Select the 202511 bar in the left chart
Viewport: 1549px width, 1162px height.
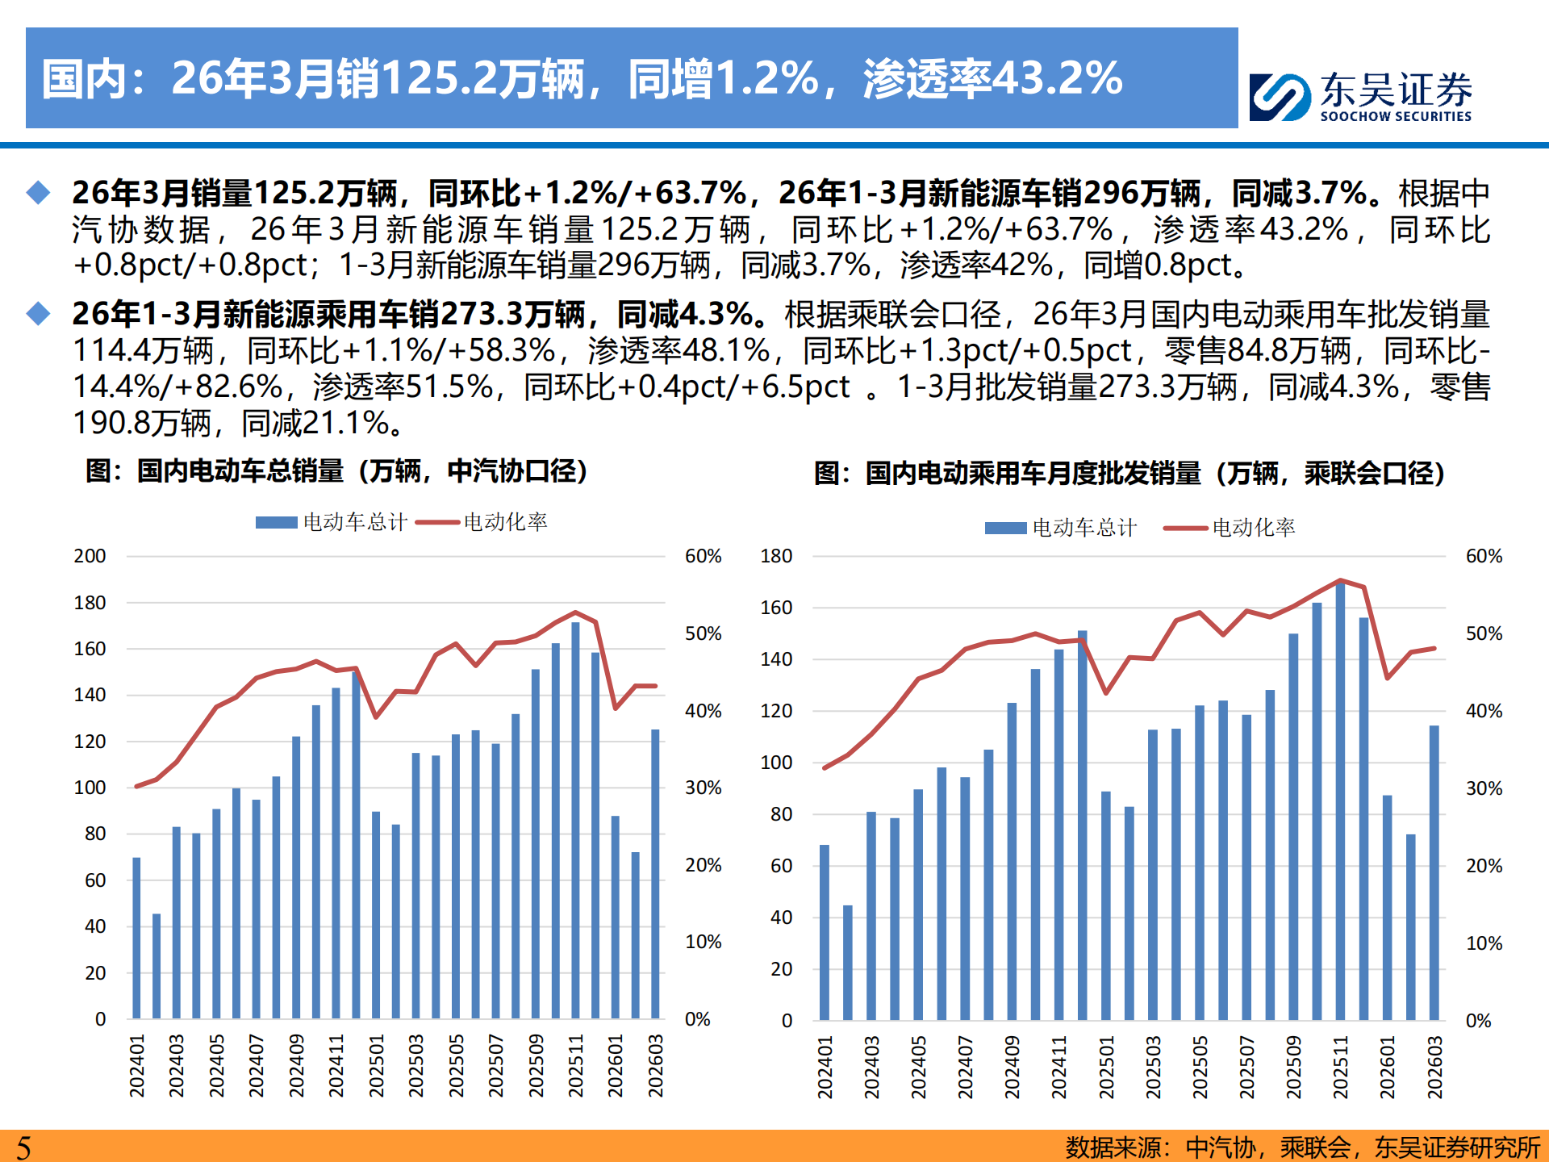click(575, 819)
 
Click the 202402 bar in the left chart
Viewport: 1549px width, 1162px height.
click(157, 966)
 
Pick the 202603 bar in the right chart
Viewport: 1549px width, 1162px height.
click(1434, 871)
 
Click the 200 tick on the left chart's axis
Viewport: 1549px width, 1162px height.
click(90, 556)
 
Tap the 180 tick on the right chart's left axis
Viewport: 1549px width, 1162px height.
click(776, 556)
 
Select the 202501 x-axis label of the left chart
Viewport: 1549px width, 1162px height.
click(376, 1066)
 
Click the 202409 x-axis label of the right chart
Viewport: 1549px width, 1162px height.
click(1012, 1067)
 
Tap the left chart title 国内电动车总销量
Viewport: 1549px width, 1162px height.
click(336, 470)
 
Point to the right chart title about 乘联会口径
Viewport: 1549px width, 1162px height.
click(1129, 473)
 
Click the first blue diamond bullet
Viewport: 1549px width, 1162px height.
click(38, 193)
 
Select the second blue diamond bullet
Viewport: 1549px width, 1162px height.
click(38, 314)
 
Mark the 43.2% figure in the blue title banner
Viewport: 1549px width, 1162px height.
click(1057, 78)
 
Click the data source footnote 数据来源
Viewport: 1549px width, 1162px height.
click(1301, 1147)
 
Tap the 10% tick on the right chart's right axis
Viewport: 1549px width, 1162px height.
click(1484, 943)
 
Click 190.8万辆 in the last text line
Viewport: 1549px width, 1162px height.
click(142, 423)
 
